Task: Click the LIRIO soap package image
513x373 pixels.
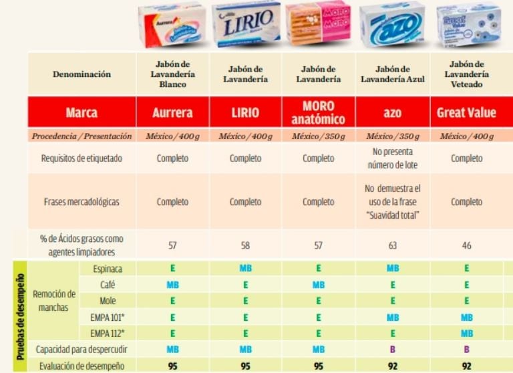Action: point(246,25)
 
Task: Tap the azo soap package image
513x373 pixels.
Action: point(391,25)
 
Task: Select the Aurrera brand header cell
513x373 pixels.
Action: point(172,112)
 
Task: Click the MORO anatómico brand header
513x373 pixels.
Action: point(318,112)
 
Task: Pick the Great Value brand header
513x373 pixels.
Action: point(466,112)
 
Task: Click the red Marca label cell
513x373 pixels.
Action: point(81,112)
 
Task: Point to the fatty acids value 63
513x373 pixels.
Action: point(392,245)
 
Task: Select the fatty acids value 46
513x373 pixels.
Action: point(466,245)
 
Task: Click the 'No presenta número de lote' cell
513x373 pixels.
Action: point(392,158)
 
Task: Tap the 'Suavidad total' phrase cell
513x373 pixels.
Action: point(392,201)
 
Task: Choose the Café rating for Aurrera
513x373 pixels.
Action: point(172,283)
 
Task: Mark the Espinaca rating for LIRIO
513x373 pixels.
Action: point(246,268)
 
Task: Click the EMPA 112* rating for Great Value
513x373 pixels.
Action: point(466,332)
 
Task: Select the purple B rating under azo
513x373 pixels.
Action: point(392,349)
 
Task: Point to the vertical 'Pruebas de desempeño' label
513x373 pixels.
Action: point(21,316)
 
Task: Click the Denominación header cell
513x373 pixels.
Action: point(81,74)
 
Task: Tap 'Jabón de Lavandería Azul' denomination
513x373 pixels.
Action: point(392,74)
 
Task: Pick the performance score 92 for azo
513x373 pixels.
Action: point(392,365)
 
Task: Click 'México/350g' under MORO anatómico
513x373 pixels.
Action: point(318,136)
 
